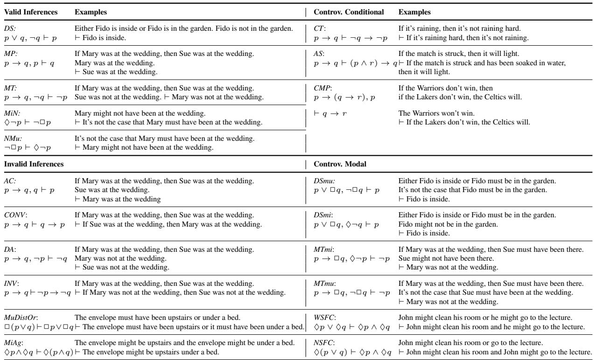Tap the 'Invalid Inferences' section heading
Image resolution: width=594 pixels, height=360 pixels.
pyautogui.click(x=30, y=164)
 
